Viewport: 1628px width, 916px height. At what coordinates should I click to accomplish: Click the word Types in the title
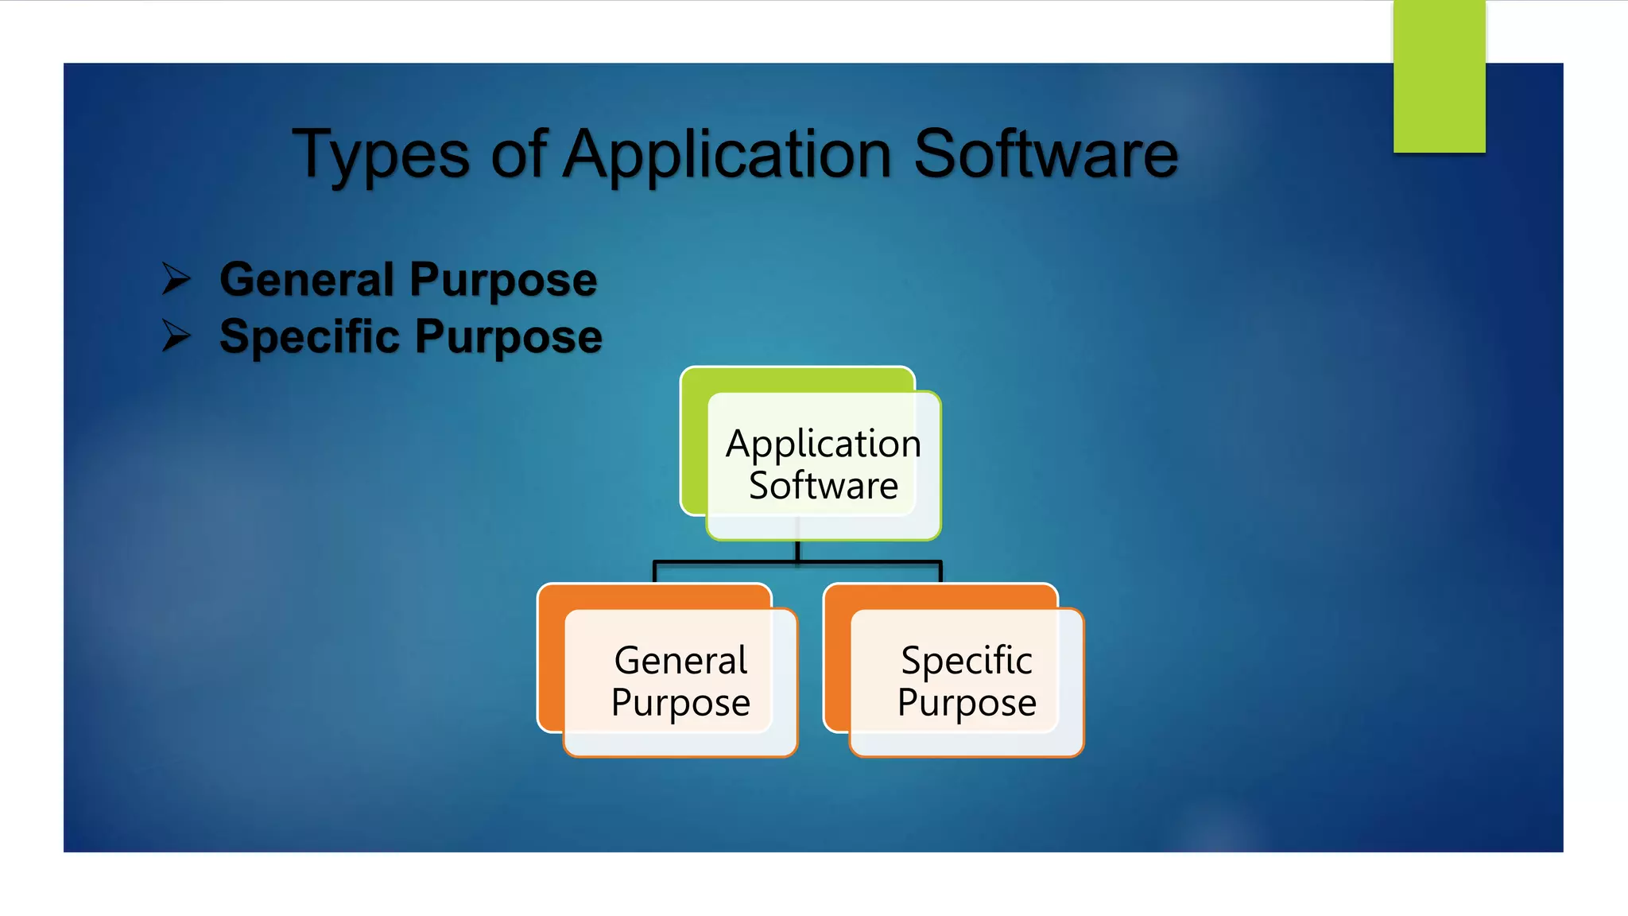(x=381, y=155)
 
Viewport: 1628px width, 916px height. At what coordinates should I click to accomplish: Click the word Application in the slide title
(x=727, y=155)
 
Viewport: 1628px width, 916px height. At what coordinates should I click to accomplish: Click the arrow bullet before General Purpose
(x=176, y=279)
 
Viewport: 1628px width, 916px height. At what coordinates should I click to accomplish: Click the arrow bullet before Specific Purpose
(x=176, y=336)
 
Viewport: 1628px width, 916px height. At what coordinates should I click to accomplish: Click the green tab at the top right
(x=1439, y=77)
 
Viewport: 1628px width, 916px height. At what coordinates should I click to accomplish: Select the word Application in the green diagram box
(x=823, y=444)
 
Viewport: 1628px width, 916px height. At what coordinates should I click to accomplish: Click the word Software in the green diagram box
(x=823, y=486)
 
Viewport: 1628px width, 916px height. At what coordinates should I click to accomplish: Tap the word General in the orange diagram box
(x=680, y=661)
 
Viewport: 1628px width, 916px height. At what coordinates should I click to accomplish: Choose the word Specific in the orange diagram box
(x=966, y=661)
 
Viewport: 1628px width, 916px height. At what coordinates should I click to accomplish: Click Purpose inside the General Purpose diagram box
(x=680, y=703)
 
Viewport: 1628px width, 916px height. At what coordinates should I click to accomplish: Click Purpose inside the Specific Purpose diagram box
(x=966, y=703)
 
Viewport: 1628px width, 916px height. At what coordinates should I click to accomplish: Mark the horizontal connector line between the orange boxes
(x=798, y=562)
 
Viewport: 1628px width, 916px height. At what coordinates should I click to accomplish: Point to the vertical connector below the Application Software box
(x=797, y=550)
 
